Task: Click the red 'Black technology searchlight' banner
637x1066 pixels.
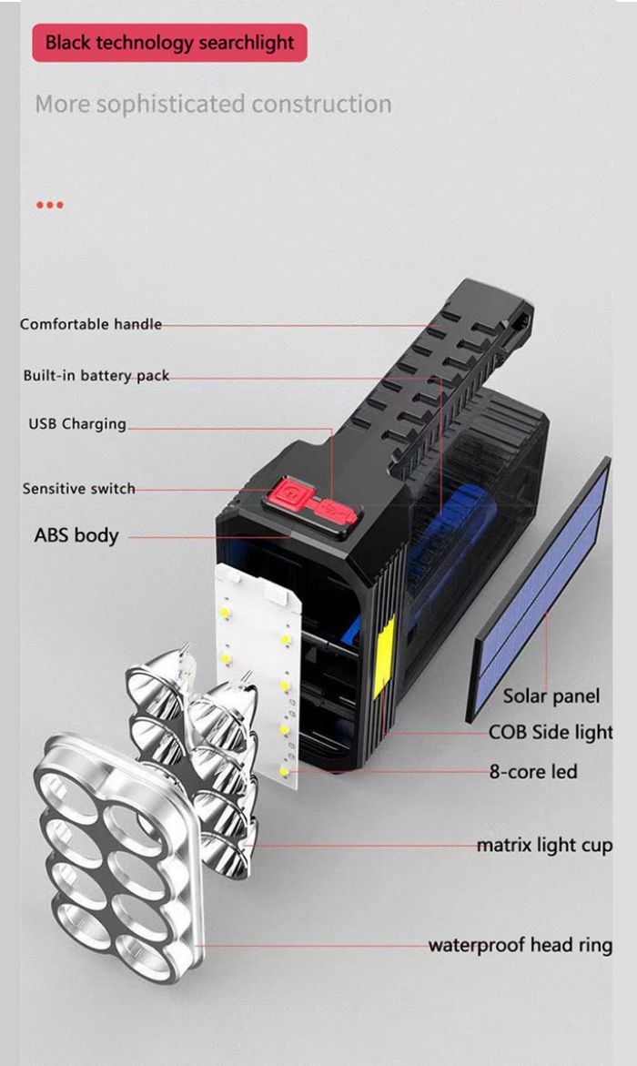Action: click(x=169, y=43)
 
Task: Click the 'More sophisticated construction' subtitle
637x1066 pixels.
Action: click(x=214, y=105)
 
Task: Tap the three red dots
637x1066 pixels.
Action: click(x=50, y=205)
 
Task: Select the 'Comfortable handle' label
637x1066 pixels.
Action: click(x=91, y=324)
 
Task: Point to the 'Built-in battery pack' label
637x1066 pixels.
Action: click(x=96, y=375)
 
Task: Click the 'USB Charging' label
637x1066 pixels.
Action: click(x=77, y=424)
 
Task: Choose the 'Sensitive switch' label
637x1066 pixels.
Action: click(x=79, y=489)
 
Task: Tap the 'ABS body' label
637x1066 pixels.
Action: click(x=76, y=535)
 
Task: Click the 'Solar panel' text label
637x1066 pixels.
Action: click(x=551, y=696)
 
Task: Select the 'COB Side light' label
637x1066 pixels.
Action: click(x=551, y=732)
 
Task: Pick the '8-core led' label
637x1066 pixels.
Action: click(x=533, y=772)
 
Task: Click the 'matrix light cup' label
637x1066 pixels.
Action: click(x=544, y=846)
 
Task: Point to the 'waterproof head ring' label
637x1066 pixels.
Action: click(x=521, y=945)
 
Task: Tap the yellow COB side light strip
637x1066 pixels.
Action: click(x=383, y=657)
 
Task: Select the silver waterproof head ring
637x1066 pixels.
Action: click(x=119, y=858)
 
